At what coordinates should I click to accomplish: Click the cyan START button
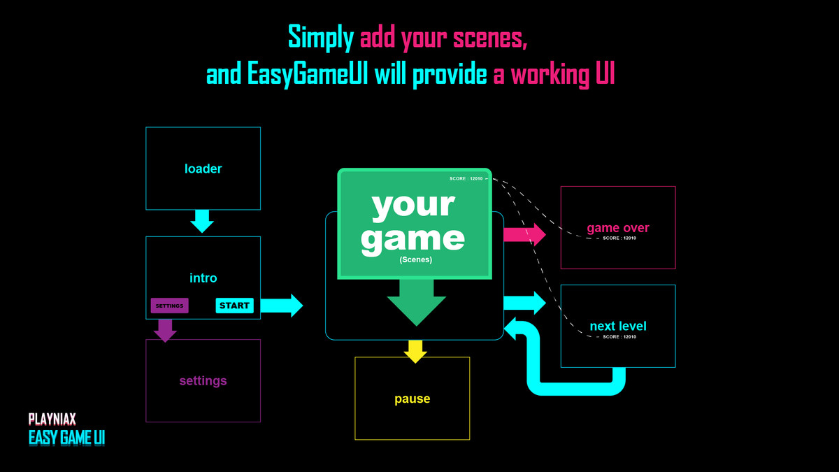234,306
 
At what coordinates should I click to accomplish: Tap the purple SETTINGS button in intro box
169,306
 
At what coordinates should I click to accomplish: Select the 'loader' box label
203,169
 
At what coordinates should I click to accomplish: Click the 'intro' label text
203,278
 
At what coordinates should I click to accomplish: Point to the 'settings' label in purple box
203,381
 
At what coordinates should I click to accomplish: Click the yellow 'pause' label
412,399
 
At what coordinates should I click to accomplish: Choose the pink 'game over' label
618,227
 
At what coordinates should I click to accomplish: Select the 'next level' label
618,326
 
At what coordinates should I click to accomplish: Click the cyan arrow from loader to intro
202,221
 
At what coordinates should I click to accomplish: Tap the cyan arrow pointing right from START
282,306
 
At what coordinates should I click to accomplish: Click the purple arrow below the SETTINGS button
165,330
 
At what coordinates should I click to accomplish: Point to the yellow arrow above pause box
415,351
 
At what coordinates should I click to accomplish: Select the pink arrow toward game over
524,234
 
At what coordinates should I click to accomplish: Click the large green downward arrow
416,302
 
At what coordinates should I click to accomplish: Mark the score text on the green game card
466,179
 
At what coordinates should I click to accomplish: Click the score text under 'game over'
619,238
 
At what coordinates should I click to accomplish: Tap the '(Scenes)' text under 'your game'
415,259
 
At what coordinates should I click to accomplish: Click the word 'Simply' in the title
321,37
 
